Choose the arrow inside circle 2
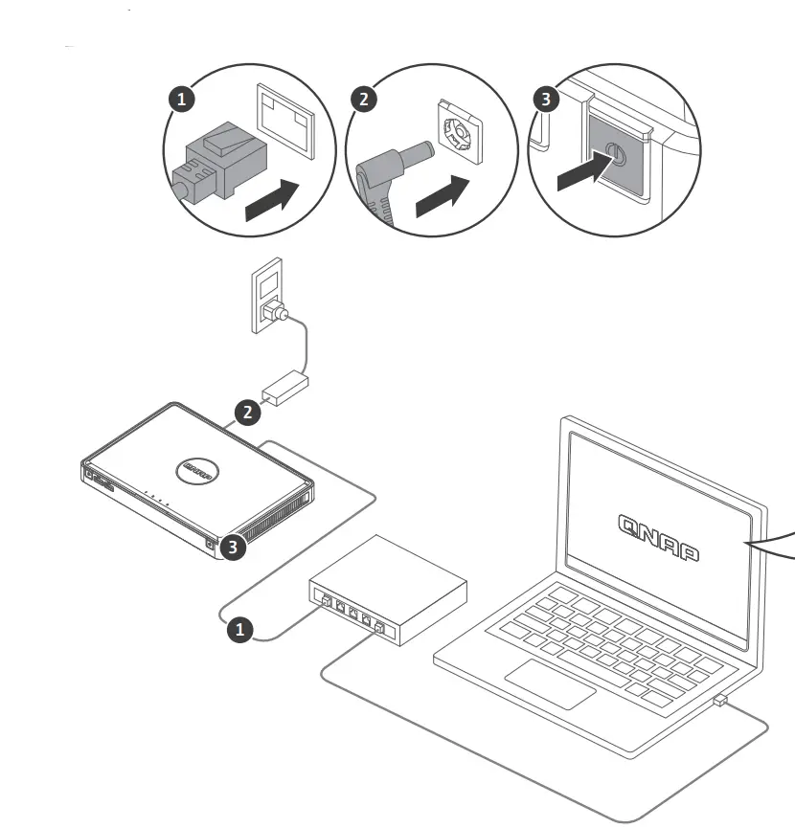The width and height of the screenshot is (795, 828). [446, 197]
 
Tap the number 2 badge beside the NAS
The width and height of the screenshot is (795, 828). [248, 414]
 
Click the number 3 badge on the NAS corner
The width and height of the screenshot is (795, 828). [230, 548]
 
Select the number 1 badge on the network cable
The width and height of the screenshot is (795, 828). [239, 629]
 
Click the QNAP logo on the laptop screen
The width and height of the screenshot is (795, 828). [658, 536]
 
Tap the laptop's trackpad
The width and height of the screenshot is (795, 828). [551, 683]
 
